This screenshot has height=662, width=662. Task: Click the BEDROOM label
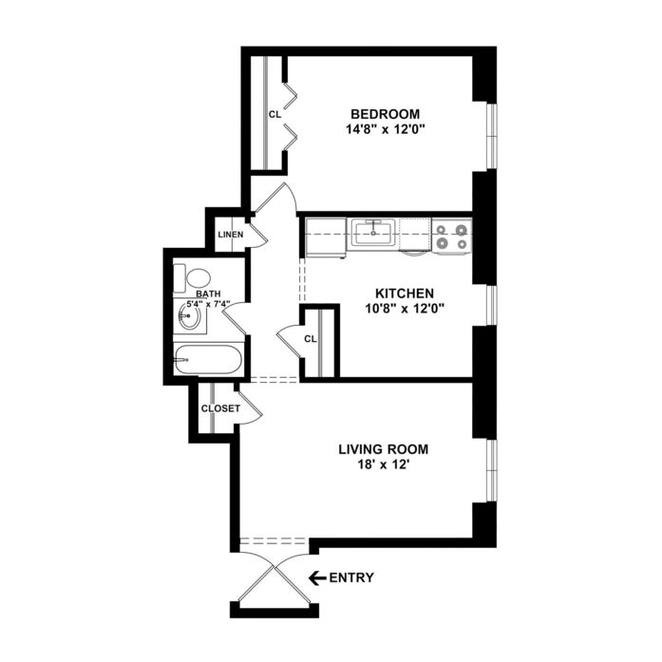(386, 114)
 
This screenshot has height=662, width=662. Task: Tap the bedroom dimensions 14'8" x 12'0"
(385, 129)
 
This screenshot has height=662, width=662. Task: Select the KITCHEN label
(405, 293)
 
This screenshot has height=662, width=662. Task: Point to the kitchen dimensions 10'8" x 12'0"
(405, 309)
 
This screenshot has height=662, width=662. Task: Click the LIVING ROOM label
(384, 449)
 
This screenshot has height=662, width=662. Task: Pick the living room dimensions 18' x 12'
(384, 464)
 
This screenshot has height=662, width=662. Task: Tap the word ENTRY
(351, 577)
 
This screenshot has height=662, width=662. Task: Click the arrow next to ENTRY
(317, 577)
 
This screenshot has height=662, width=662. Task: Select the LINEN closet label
(231, 235)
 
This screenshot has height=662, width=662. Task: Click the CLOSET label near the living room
(220, 408)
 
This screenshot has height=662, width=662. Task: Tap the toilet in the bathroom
(192, 277)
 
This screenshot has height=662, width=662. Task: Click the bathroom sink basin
(189, 315)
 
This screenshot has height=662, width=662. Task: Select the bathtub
(207, 359)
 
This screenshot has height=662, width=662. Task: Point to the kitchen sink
(374, 233)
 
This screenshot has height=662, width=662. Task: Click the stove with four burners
(452, 236)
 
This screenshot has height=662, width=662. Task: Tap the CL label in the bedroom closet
(274, 114)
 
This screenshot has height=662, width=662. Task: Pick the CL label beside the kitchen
(311, 339)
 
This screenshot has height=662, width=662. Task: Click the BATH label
(208, 293)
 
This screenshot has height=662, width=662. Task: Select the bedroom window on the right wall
(491, 136)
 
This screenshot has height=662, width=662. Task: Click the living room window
(491, 471)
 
